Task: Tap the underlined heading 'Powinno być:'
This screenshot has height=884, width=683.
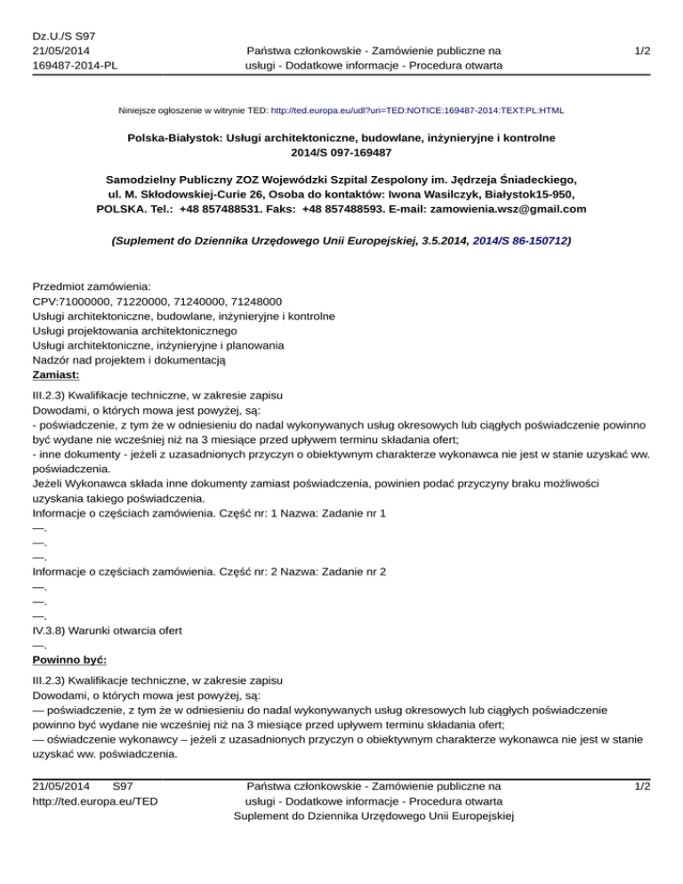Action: pyautogui.click(x=69, y=661)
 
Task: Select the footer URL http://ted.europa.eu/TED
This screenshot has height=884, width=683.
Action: pyautogui.click(x=95, y=801)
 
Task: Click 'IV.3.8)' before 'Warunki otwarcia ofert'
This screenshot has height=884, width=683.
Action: pyautogui.click(x=52, y=631)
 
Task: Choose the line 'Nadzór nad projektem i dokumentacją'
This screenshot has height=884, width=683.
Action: pyautogui.click(x=131, y=359)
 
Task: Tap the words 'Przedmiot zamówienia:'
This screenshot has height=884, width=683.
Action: pyautogui.click(x=92, y=286)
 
